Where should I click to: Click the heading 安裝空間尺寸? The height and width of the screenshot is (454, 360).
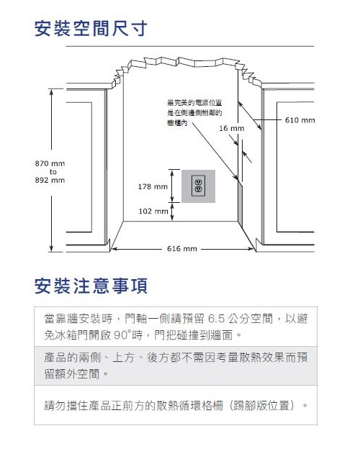(91, 28)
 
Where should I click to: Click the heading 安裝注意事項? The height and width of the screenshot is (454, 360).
(91, 286)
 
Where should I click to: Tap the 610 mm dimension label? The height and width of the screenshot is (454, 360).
(300, 120)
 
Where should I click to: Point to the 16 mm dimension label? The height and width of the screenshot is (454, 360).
(232, 128)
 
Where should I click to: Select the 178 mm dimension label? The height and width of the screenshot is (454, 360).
(153, 186)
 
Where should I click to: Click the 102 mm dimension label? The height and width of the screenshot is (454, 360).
(153, 211)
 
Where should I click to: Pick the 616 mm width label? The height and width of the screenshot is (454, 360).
(182, 248)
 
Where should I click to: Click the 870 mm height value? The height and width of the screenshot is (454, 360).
(50, 163)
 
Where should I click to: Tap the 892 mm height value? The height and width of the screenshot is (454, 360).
(50, 180)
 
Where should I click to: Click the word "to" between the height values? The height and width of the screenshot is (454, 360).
(53, 172)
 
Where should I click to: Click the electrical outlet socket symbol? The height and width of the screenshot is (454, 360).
(198, 186)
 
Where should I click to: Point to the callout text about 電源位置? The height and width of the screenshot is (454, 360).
(194, 113)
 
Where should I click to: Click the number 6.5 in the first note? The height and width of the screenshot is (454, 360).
(216, 319)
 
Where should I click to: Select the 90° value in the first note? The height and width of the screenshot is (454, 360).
(121, 335)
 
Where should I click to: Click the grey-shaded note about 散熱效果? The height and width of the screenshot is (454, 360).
(176, 366)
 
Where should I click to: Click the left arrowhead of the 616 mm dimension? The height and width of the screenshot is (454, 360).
(114, 249)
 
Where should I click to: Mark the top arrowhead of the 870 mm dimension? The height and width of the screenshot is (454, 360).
(51, 91)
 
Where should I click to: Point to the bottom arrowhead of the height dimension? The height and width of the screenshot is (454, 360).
(51, 249)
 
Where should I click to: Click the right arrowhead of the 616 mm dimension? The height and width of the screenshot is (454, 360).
(251, 249)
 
